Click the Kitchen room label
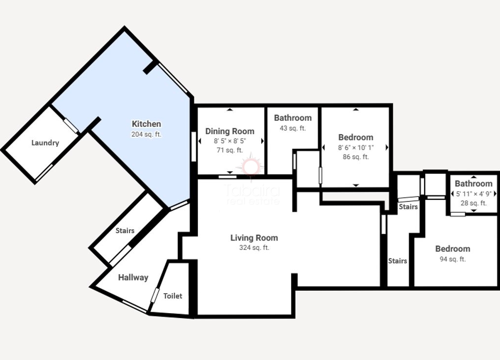(146, 124)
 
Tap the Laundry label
(45, 143)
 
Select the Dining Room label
(230, 131)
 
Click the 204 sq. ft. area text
(146, 135)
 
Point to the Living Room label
(254, 238)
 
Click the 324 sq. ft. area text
(254, 247)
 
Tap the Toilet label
(173, 296)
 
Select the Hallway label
(133, 278)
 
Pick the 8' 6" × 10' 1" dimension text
(356, 147)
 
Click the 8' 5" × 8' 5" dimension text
(230, 141)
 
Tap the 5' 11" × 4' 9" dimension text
(474, 194)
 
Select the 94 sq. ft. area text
(453, 260)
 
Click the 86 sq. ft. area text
(356, 157)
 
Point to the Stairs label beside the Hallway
(125, 231)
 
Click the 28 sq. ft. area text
(474, 203)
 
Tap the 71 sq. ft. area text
(230, 150)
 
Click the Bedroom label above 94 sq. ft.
(453, 249)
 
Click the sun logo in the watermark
(251, 167)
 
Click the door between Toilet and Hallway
(155, 295)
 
